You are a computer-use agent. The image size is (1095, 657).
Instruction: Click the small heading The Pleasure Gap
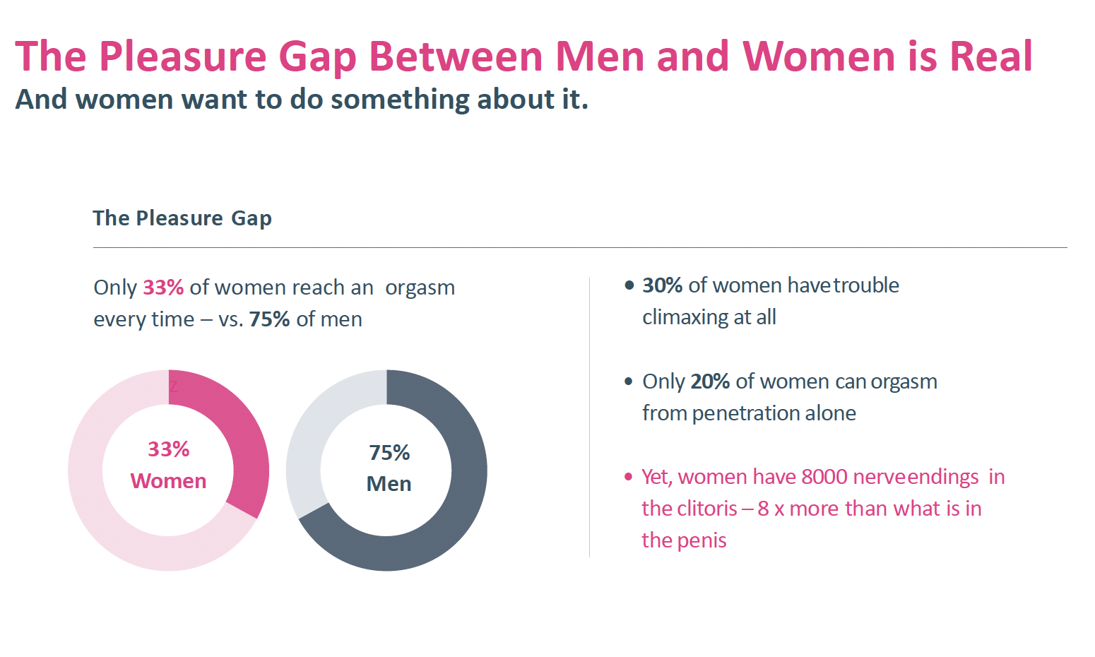tap(182, 218)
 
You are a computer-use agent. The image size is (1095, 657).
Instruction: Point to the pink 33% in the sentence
tap(163, 288)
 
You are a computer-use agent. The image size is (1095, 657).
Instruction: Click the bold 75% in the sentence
tap(269, 319)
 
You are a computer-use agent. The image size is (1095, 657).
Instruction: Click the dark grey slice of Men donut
tap(452, 509)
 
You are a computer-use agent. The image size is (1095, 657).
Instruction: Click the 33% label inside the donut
tap(168, 449)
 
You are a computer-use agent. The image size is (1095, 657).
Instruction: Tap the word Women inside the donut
tap(168, 481)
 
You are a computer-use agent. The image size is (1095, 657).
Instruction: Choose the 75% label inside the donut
tap(389, 453)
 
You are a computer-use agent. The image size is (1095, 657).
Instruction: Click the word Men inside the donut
tap(389, 484)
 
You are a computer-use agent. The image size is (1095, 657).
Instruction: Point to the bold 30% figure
tap(662, 285)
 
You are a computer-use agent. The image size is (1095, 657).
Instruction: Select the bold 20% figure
tap(710, 381)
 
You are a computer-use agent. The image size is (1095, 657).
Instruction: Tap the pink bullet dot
tap(628, 477)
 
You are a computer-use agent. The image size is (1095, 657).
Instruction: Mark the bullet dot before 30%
tap(629, 285)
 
